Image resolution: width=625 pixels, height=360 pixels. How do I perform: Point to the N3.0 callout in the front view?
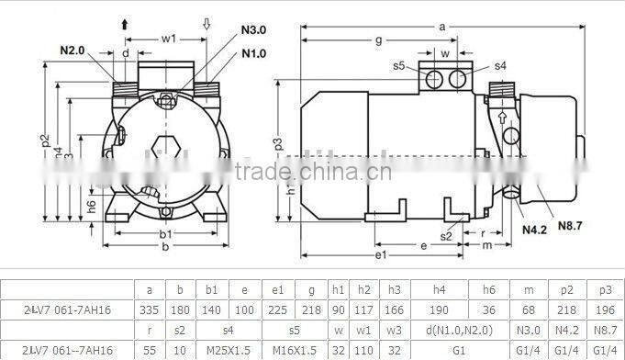[x=253, y=29]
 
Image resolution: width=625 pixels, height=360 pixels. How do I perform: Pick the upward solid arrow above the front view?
[x=124, y=25]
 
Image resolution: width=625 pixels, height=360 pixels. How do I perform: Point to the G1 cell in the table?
[x=452, y=351]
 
